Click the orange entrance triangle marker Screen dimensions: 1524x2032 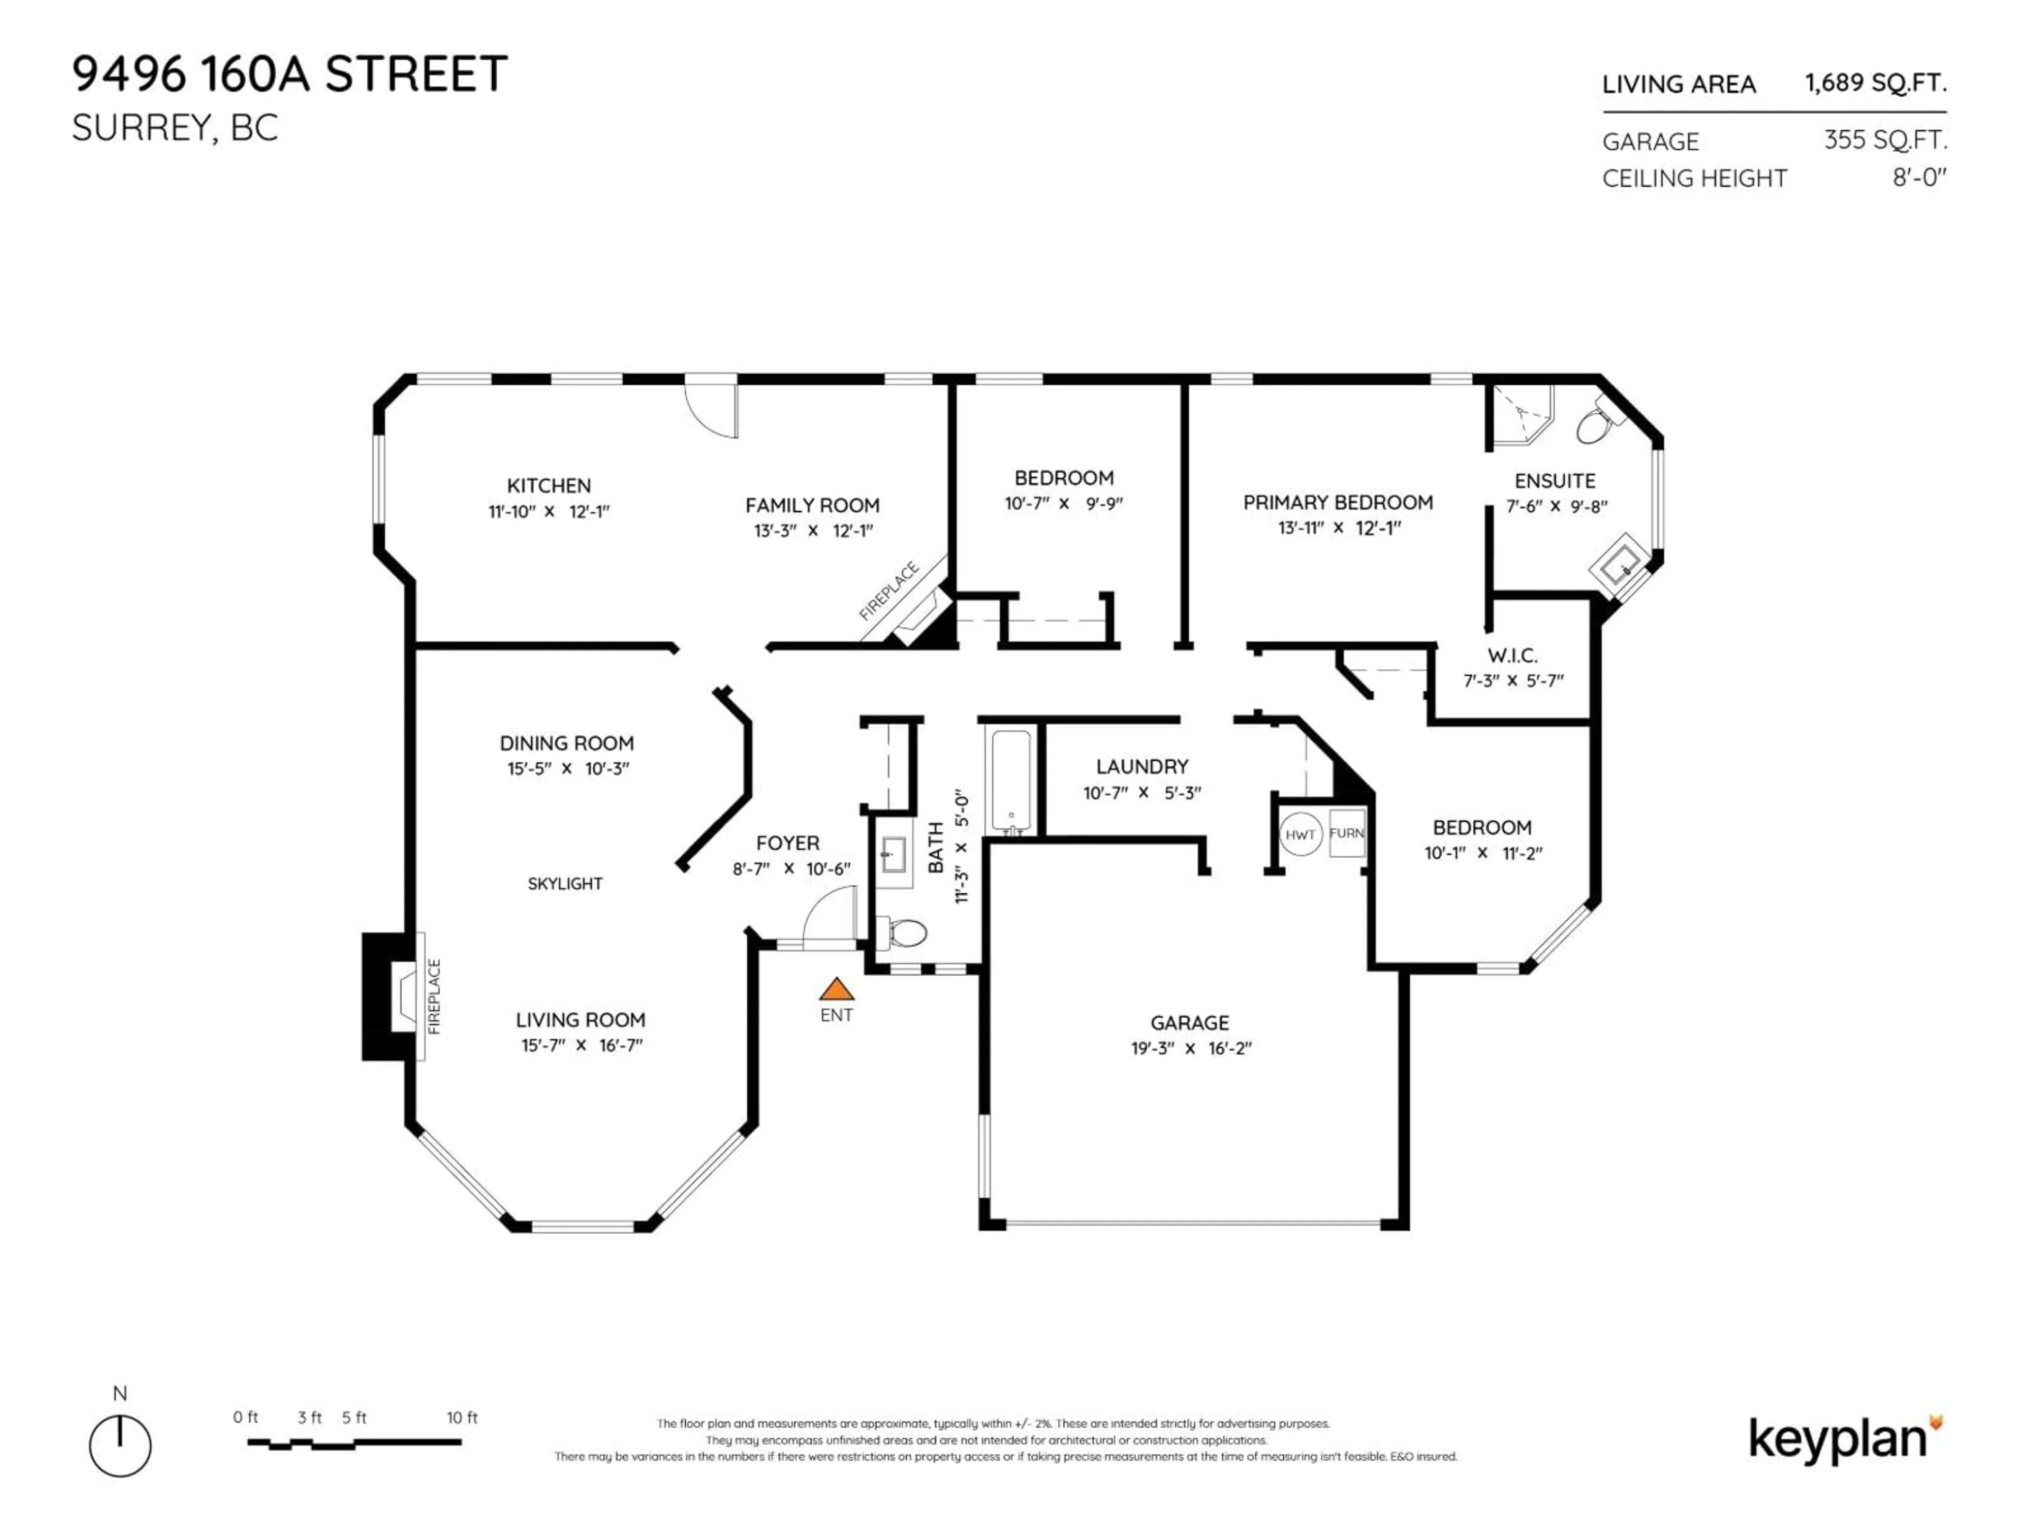pos(836,990)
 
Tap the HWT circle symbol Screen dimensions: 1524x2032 pos(1300,834)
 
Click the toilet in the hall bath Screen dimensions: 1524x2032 pos(905,934)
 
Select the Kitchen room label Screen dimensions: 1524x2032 pos(548,486)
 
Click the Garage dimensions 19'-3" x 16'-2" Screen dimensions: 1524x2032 pos(1191,1049)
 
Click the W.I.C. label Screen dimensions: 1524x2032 pos(1512,655)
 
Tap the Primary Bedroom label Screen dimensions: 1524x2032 pos(1338,503)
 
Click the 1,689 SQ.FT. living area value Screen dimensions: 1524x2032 pos(1875,83)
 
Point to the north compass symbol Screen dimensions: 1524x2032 pos(120,1446)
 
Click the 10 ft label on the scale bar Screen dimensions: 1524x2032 pos(462,1418)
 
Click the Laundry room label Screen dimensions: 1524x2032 pos(1142,766)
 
